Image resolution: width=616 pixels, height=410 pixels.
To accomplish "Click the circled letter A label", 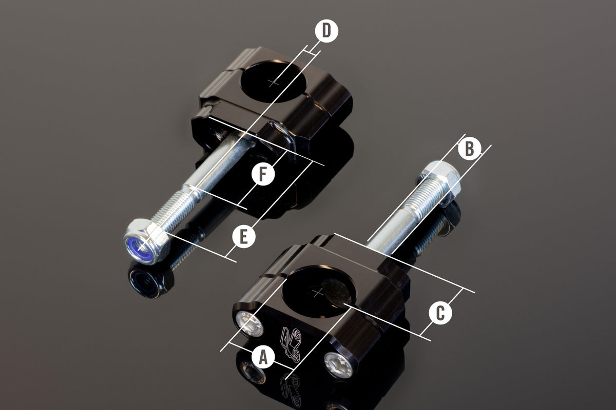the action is click(263, 357).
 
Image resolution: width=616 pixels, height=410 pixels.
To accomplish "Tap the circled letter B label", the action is click(469, 149).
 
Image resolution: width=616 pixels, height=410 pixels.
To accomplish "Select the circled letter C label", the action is click(440, 313).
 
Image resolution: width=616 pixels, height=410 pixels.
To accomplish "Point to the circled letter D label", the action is click(326, 31).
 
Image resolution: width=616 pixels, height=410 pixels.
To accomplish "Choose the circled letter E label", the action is click(244, 236).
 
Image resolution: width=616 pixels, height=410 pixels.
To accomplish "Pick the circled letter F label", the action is click(263, 174).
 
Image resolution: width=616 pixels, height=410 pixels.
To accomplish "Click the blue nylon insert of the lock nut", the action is click(140, 250).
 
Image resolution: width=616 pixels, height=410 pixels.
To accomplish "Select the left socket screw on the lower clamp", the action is click(249, 324).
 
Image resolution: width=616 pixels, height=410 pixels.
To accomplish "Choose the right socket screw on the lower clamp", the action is click(338, 365).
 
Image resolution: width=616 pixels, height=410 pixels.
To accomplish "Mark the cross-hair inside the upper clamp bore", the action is click(274, 82).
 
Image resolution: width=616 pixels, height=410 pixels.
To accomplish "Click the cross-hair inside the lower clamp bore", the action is click(318, 293).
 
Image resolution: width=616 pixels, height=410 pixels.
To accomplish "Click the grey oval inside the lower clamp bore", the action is click(337, 293).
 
